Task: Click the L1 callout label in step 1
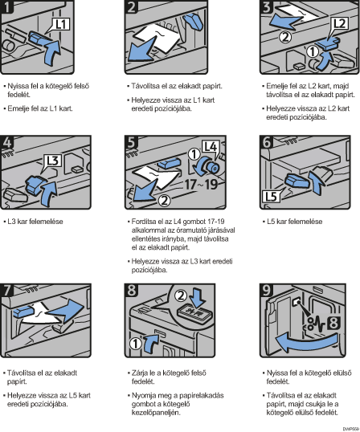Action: [61, 24]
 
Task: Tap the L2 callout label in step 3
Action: [340, 24]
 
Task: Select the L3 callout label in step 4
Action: [53, 161]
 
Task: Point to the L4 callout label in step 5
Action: [211, 147]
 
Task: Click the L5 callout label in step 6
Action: [271, 196]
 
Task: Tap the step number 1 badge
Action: [6, 6]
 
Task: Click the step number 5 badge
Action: [131, 142]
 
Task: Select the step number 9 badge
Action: [266, 290]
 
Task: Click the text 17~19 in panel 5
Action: [201, 184]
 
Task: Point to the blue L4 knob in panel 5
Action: [209, 165]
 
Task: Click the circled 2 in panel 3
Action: [285, 37]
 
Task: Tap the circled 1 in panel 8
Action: [136, 344]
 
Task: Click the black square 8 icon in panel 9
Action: [333, 323]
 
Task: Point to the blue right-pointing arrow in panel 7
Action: [66, 311]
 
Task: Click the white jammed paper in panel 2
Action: [159, 37]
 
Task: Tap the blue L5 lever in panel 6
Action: [295, 181]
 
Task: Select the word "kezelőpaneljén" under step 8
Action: [156, 413]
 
